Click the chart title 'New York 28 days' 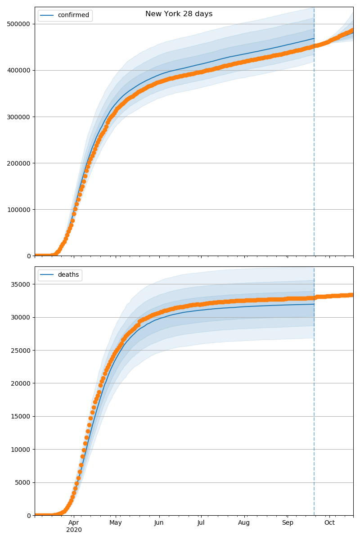(x=179, y=14)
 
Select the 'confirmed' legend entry (x=73, y=15)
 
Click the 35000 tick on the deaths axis (x=21, y=284)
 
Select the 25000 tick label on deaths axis (x=21, y=351)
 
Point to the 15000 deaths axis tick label (x=21, y=417)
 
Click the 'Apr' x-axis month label (x=74, y=522)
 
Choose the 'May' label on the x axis (x=116, y=522)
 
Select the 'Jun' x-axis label (x=159, y=522)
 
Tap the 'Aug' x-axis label (x=244, y=522)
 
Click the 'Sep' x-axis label (x=288, y=522)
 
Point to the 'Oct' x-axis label (x=329, y=522)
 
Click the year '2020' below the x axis (x=74, y=530)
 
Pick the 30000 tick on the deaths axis (x=21, y=317)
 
